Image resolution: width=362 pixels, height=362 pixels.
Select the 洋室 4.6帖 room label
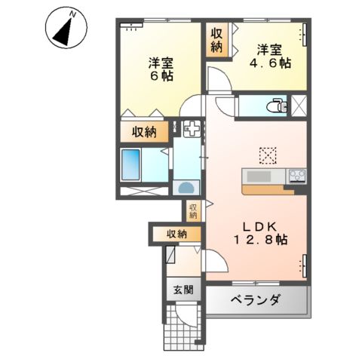tap(273, 57)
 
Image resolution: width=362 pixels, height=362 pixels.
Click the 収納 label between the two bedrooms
tap(217, 40)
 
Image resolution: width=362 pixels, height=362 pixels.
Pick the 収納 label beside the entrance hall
tap(177, 235)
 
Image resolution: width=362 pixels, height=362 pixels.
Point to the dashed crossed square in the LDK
tap(267, 154)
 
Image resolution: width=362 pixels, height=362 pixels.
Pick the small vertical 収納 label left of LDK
tap(193, 210)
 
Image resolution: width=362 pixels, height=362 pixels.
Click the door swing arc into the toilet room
tap(224, 106)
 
